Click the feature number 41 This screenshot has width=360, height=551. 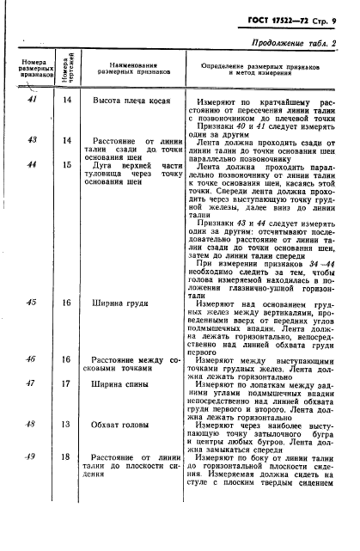31,101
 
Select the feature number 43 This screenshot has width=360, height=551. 31,140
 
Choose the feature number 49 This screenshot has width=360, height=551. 31,456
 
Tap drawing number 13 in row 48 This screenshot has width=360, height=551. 65,424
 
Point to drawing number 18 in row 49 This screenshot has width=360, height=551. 65,456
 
